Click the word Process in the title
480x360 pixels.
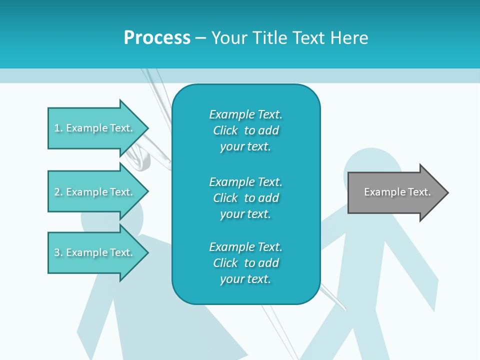click(x=157, y=38)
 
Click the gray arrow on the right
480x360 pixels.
click(x=395, y=192)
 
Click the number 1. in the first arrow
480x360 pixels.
click(x=58, y=128)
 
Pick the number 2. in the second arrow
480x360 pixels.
click(x=58, y=192)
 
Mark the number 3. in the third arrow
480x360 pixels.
click(x=58, y=252)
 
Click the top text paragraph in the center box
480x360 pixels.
click(x=245, y=130)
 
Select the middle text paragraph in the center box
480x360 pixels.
click(x=245, y=198)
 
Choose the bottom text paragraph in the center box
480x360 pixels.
click(x=245, y=263)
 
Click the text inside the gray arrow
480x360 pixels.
click(x=397, y=192)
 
